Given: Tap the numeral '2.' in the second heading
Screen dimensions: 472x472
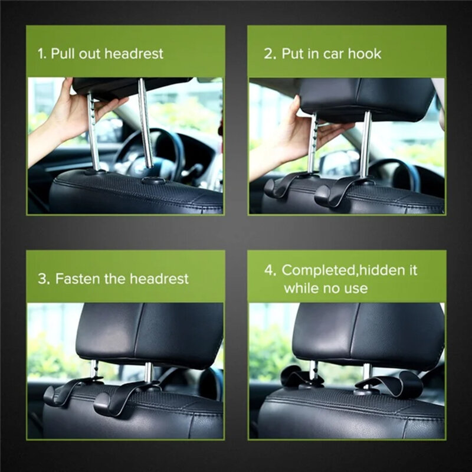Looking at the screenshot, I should [270, 54].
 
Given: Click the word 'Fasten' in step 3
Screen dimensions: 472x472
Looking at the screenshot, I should [75, 278].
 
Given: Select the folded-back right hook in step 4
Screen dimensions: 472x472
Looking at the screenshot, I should [392, 383].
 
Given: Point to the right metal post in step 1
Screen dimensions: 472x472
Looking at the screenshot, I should [145, 124].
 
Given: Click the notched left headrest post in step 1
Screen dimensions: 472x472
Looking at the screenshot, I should [93, 130].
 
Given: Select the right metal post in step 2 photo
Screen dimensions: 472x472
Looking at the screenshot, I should [366, 145].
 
